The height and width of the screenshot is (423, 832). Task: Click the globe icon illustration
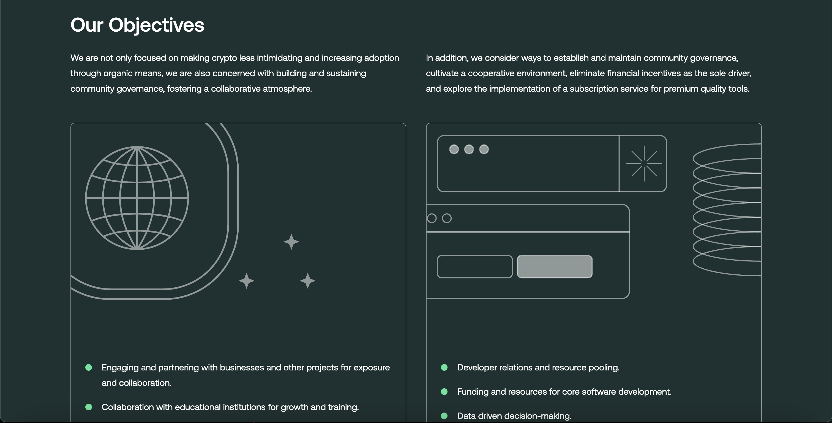(x=137, y=198)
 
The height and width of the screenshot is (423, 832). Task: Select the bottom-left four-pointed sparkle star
(x=246, y=281)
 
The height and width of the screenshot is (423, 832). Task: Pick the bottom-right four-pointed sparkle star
(x=307, y=281)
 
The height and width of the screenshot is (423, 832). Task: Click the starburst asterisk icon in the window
(x=644, y=163)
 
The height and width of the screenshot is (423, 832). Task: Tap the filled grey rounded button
(x=555, y=266)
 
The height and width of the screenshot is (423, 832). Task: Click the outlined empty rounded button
(x=474, y=266)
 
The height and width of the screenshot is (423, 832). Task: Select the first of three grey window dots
(x=454, y=149)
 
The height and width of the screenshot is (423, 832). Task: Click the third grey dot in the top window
(x=484, y=149)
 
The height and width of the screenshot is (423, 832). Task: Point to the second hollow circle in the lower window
(x=447, y=218)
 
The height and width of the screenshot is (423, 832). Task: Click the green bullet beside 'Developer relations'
(x=444, y=367)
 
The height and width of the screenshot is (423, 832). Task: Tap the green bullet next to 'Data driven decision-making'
(x=444, y=416)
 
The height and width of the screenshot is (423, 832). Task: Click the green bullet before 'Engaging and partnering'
(x=89, y=367)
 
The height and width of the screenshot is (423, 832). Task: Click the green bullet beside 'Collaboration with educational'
(x=89, y=407)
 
